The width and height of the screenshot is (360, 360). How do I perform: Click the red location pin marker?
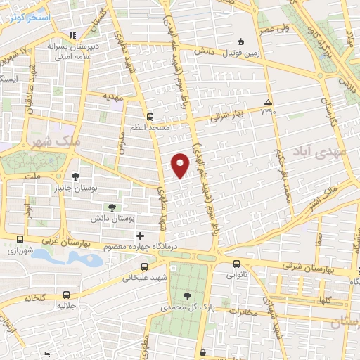click(x=181, y=165)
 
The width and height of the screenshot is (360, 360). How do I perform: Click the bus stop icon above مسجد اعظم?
click(x=149, y=117)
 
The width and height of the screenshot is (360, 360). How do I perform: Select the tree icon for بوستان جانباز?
click(x=75, y=176)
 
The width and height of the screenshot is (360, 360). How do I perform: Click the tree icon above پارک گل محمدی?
click(x=186, y=296)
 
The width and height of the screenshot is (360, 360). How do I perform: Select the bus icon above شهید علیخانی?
click(x=144, y=266)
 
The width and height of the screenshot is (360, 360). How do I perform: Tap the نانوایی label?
click(x=237, y=276)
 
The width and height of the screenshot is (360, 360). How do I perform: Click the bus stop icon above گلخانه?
click(x=66, y=295)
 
